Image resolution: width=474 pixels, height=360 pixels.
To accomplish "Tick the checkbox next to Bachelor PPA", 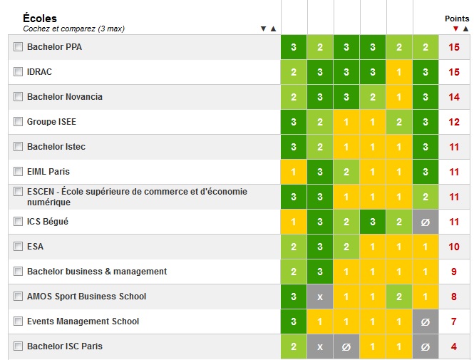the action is click(18, 47).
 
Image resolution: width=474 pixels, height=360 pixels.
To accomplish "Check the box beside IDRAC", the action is click(18, 71).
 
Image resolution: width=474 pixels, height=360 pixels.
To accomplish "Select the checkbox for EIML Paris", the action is click(18, 171).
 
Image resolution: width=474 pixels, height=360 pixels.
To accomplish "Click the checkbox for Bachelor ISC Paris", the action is click(18, 346).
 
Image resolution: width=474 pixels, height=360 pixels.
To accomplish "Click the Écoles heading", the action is click(40, 18).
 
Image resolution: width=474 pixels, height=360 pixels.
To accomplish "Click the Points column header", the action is click(457, 19).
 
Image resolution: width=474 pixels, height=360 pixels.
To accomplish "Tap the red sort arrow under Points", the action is click(455, 29).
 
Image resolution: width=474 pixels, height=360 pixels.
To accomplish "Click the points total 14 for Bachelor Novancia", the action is click(454, 97).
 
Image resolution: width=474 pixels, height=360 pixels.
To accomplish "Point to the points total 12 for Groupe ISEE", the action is click(454, 122).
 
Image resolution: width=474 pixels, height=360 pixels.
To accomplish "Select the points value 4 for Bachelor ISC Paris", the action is click(454, 346).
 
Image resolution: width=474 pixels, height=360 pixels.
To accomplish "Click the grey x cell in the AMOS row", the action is click(320, 297).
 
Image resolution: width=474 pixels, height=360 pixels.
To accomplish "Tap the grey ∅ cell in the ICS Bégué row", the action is click(426, 222).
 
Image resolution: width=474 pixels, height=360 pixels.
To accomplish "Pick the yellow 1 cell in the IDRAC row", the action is click(398, 72).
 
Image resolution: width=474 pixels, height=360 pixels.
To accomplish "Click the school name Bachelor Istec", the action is click(56, 147).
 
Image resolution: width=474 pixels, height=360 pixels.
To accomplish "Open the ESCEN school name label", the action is click(137, 197).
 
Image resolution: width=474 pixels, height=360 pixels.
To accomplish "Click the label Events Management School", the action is click(83, 321).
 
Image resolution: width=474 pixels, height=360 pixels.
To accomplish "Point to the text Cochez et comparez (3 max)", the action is click(73, 29).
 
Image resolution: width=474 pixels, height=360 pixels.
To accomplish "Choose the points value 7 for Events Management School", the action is click(454, 322).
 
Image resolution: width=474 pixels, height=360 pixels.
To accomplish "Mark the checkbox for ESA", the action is click(18, 247).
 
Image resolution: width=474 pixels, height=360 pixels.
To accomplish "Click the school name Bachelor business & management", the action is click(97, 272).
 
